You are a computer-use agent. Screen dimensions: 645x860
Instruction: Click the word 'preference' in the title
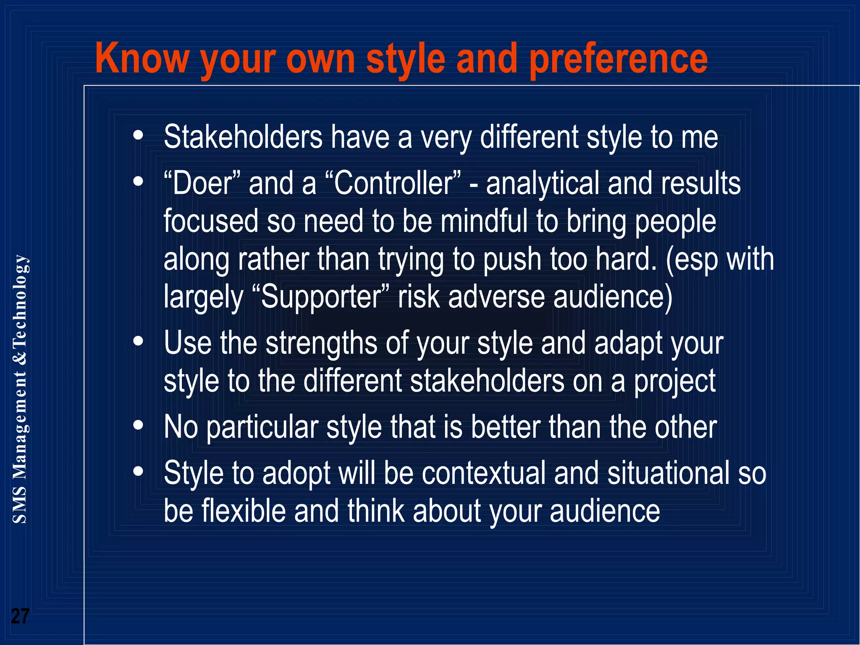point(618,60)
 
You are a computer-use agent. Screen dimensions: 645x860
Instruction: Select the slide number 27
point(20,616)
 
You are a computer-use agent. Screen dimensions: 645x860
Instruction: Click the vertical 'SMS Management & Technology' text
point(20,389)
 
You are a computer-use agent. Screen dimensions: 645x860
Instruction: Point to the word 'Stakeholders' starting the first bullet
point(243,137)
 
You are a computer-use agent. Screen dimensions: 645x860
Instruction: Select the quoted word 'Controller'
point(393,184)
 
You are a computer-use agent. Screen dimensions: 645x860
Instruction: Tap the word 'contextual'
point(483,473)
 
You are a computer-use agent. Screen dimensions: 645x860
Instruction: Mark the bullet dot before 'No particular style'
point(138,426)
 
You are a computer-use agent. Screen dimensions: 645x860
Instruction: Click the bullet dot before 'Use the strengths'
point(138,341)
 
